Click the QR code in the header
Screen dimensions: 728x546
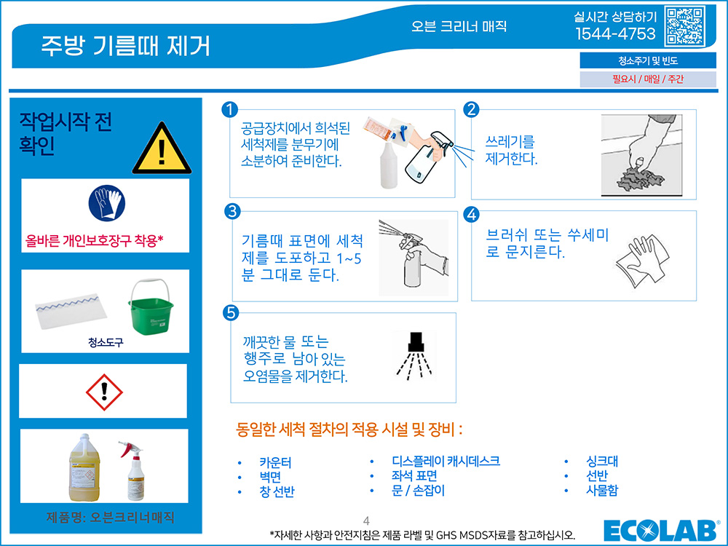click(685, 25)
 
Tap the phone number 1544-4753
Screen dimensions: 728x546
click(615, 34)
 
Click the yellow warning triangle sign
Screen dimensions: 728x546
click(162, 148)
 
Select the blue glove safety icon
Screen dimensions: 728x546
click(107, 203)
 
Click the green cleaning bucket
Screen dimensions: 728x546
click(150, 306)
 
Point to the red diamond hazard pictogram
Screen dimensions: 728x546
click(104, 392)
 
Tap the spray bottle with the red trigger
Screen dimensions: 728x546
click(133, 470)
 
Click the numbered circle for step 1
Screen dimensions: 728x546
click(230, 110)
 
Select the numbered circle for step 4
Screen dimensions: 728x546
click(471, 215)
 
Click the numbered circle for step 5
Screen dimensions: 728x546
click(231, 312)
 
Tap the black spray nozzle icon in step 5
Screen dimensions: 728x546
click(415, 355)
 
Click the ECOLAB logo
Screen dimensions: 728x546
click(661, 530)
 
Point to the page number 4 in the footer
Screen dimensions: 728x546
click(366, 521)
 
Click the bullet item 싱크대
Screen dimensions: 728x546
click(602, 461)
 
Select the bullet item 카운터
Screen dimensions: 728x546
click(275, 462)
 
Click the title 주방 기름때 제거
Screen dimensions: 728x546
click(126, 45)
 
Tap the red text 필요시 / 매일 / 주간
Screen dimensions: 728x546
click(648, 79)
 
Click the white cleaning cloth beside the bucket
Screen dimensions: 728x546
click(71, 311)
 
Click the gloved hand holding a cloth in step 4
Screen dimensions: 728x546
click(643, 261)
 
